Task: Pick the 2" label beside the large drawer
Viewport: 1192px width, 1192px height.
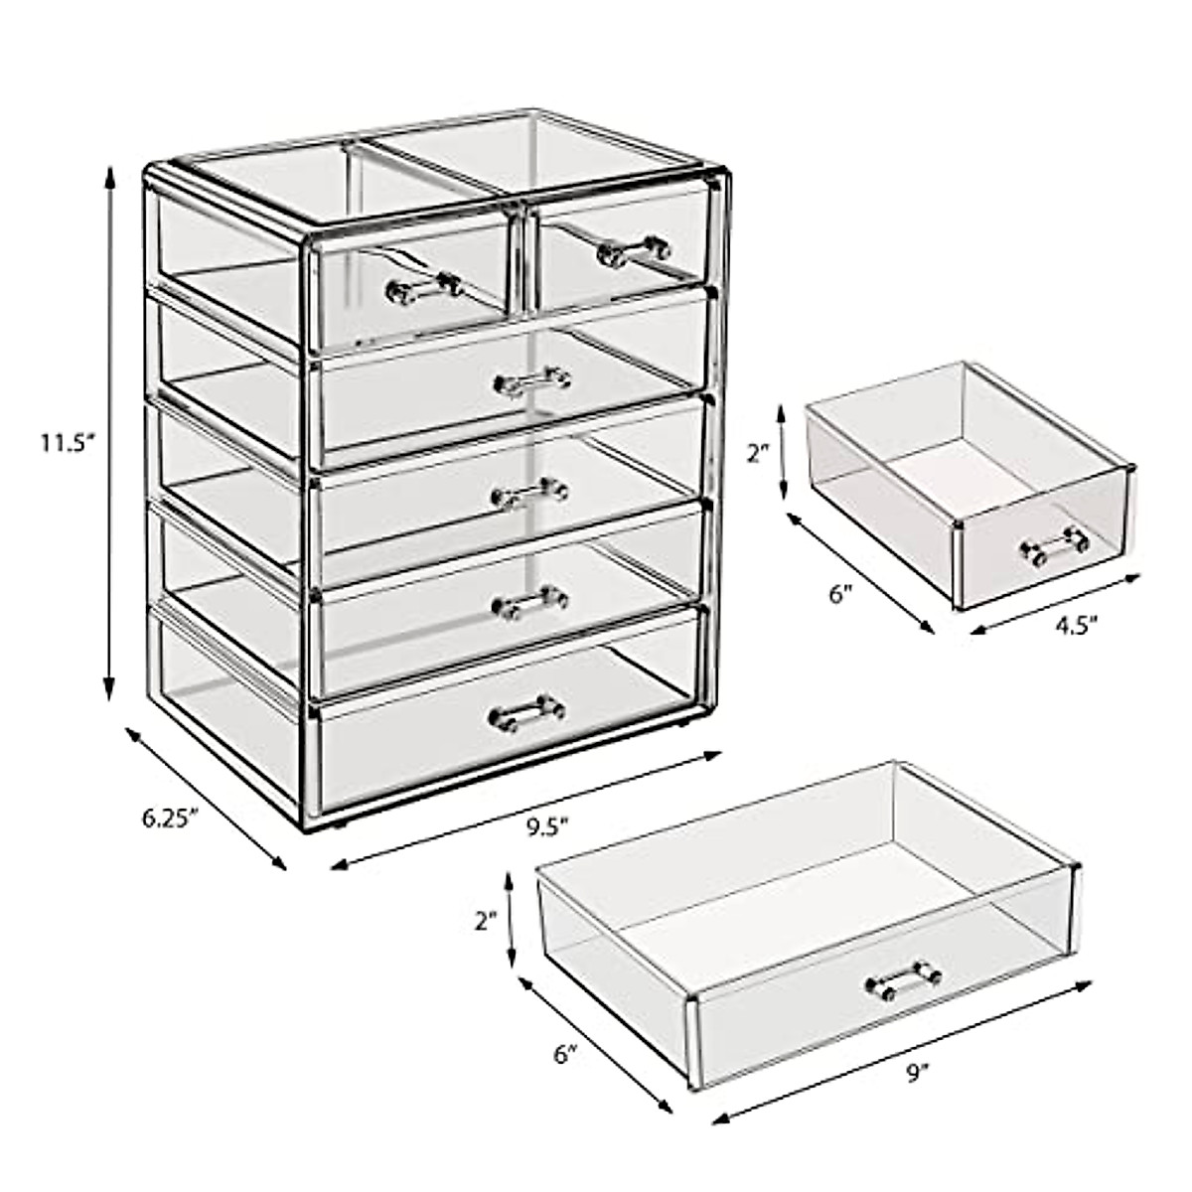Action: point(485,921)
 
